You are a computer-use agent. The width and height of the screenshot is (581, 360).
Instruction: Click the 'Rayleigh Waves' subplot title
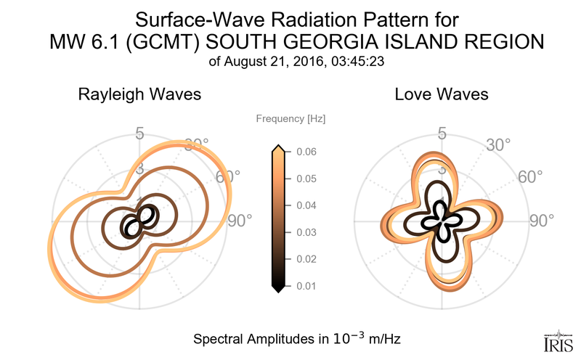click(139, 94)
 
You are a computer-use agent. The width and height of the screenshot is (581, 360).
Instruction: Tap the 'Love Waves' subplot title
click(442, 94)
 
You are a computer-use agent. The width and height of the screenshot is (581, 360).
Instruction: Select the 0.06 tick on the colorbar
click(306, 152)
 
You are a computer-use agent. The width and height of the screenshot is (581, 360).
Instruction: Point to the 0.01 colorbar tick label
click(306, 285)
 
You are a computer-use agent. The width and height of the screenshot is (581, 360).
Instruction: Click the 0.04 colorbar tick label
click(306, 205)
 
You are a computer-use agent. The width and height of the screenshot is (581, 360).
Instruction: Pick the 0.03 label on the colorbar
click(306, 232)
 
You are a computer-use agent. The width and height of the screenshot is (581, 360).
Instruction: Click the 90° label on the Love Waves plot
click(541, 220)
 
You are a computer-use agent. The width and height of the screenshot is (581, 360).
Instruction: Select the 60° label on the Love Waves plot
click(531, 178)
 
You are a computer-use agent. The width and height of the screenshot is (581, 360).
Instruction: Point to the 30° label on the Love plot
click(498, 145)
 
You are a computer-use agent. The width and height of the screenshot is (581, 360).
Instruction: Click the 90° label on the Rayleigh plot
click(239, 220)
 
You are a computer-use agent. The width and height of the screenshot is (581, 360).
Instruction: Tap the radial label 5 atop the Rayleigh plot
click(139, 134)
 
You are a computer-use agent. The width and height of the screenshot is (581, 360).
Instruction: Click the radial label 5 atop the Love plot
click(442, 134)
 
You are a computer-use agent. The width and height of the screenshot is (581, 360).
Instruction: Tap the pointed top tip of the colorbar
click(277, 147)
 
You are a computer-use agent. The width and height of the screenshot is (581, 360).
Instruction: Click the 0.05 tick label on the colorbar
click(306, 179)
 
